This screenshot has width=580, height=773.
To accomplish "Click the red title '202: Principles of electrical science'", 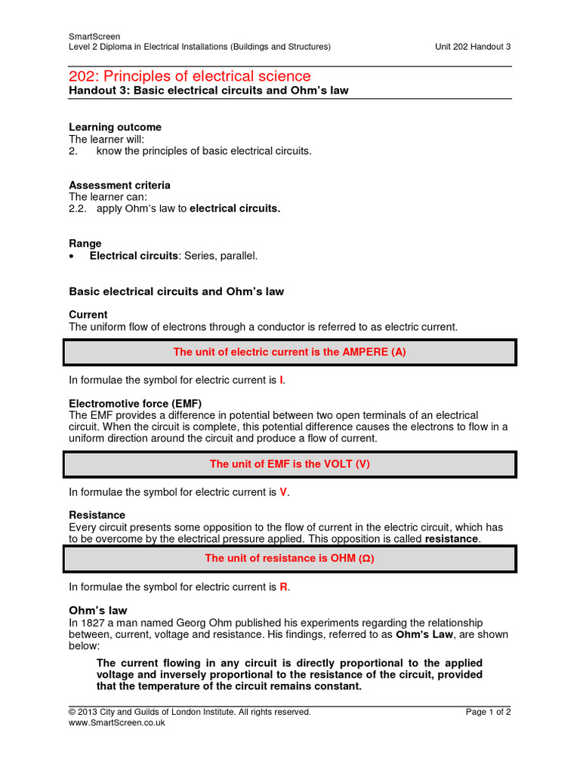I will click(x=190, y=75).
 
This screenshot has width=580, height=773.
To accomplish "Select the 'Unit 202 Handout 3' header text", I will click(x=473, y=46).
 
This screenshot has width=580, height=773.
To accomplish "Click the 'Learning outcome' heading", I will click(x=115, y=127).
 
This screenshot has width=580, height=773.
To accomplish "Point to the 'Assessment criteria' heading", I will click(x=119, y=185).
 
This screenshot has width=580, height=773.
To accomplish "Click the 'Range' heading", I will click(x=85, y=244).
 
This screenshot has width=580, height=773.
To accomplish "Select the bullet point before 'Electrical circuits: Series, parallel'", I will click(x=72, y=257).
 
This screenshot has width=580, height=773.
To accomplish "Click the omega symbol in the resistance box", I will click(x=363, y=559).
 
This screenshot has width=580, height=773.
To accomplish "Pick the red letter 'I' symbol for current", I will click(x=282, y=380).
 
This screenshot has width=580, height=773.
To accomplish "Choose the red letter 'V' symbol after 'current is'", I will click(x=283, y=492).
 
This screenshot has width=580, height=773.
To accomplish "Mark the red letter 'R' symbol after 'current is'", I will click(x=284, y=587).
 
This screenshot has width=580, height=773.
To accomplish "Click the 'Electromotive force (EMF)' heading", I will click(x=135, y=403).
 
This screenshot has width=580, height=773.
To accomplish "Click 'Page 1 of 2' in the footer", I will click(x=489, y=711).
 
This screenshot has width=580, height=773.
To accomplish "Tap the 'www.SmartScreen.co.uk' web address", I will click(x=116, y=722).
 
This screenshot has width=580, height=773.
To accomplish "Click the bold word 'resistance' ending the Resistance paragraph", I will click(x=452, y=540).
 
